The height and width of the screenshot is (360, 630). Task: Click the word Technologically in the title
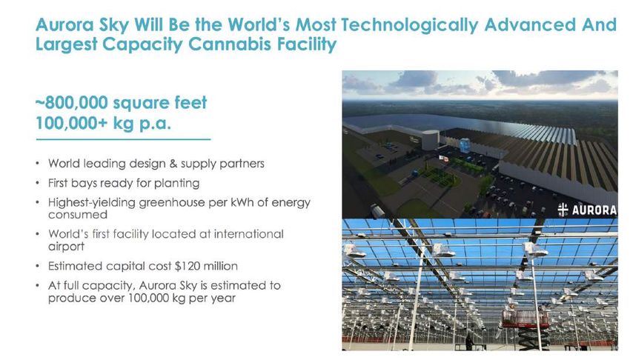pos(409,25)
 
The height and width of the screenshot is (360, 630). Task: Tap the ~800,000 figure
pos(72,103)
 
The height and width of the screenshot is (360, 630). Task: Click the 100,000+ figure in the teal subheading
pos(71,123)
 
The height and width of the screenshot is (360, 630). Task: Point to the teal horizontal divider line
pos(123,139)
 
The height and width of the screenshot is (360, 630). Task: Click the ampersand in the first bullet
pos(173,164)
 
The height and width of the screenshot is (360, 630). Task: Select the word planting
pos(177,184)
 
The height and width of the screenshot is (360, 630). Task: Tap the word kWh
pos(242,202)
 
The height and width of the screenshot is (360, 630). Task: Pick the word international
pos(249,233)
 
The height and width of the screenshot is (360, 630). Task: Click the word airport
pos(66,247)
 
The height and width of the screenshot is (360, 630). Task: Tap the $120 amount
pos(188,266)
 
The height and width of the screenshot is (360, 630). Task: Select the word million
pos(221,266)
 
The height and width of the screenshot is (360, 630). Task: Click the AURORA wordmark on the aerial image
pos(594,210)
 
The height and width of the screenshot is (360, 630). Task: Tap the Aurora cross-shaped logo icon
pos(563,210)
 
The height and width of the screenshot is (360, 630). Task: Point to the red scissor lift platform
pos(525,319)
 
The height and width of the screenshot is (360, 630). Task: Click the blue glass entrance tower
pos(465,145)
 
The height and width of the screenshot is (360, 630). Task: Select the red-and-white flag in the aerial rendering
pos(443,158)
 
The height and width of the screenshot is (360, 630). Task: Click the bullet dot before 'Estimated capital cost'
pos(37,266)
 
